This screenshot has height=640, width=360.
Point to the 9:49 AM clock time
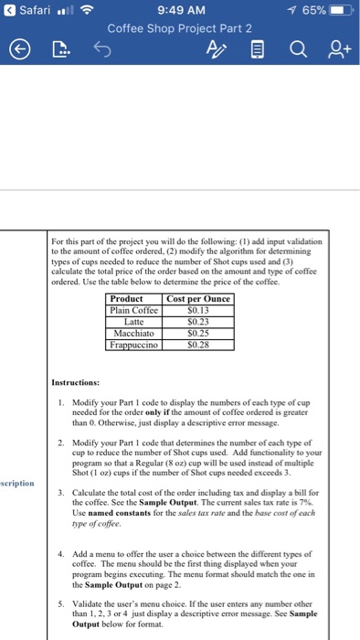179,10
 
